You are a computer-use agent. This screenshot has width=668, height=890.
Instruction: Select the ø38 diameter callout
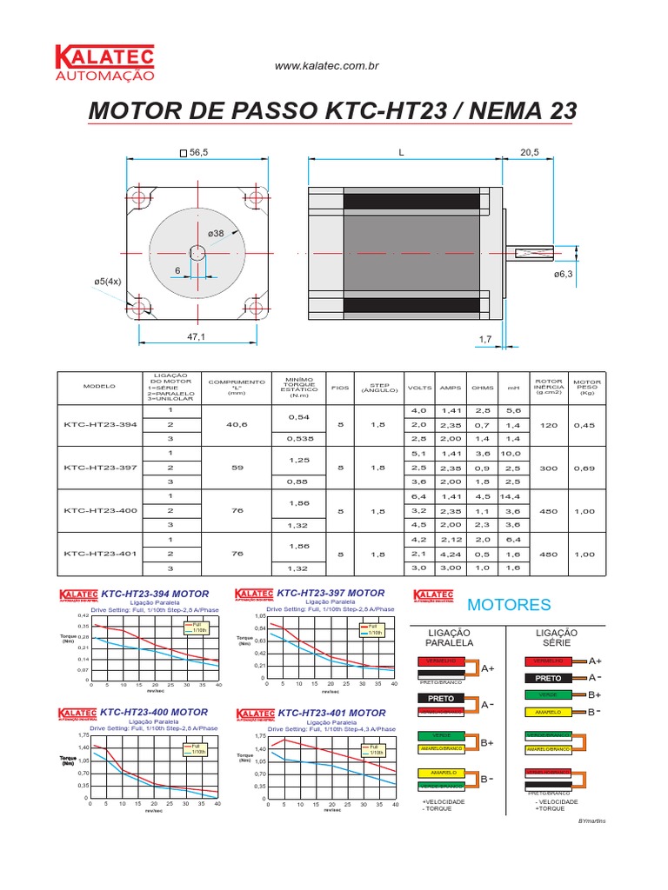[216, 233]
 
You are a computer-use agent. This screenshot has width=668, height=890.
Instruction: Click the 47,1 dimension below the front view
[196, 336]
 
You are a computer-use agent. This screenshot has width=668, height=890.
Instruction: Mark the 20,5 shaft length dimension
[530, 152]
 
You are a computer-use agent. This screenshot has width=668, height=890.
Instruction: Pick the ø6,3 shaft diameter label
[564, 274]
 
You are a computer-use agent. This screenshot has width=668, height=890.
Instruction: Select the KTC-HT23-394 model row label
[100, 424]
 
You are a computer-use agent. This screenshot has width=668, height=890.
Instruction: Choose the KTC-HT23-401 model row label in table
[100, 554]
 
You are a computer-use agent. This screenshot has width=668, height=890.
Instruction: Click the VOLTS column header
[419, 388]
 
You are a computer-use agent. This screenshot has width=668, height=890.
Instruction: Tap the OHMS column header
[483, 388]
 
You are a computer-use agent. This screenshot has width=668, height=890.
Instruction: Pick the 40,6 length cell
[236, 424]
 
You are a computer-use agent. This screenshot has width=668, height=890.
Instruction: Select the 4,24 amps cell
[451, 554]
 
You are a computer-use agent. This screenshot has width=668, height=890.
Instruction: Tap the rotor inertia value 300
[548, 468]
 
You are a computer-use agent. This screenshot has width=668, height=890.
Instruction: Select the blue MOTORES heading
[509, 604]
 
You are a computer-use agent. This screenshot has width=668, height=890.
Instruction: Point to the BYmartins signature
[591, 820]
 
